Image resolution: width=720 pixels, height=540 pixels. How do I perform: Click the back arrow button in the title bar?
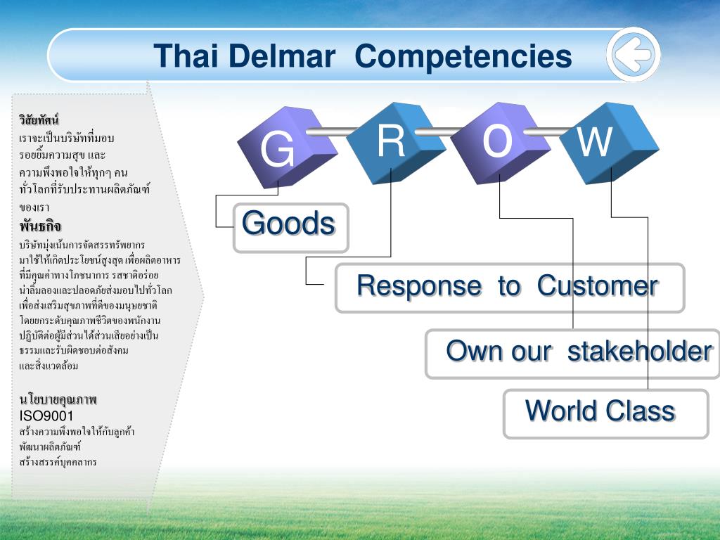[634, 55]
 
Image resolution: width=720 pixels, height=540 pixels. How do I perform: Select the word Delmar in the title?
[282, 56]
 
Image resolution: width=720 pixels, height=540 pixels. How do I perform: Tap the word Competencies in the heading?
[463, 58]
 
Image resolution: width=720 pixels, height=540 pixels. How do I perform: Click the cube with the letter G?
[287, 147]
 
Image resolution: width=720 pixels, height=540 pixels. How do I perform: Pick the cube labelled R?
[396, 142]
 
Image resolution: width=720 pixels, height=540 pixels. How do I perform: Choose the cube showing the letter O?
[500, 142]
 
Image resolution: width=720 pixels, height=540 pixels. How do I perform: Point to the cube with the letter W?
[609, 142]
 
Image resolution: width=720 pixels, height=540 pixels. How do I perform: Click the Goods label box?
[291, 228]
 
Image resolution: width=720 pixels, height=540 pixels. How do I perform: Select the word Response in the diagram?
[419, 285]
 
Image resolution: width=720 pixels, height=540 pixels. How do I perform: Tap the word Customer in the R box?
[598, 285]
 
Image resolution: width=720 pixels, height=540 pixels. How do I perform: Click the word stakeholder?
[640, 352]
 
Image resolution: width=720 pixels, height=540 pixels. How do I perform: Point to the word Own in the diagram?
[475, 352]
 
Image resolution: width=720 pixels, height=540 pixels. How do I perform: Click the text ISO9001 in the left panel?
[46, 416]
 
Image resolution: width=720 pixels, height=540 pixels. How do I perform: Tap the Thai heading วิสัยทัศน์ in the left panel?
[39, 120]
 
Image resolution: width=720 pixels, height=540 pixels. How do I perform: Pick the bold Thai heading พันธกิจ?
[40, 226]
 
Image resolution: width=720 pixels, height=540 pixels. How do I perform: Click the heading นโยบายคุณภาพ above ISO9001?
[58, 399]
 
